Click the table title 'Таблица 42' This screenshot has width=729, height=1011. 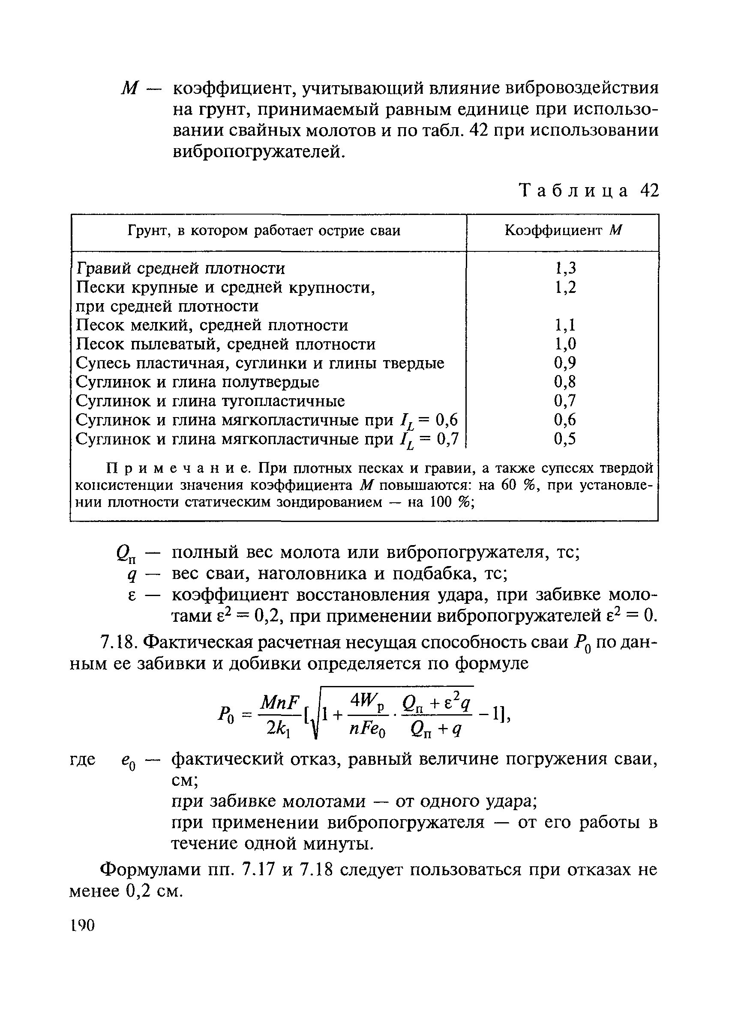coord(589,191)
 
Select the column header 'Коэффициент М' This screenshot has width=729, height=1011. coord(563,230)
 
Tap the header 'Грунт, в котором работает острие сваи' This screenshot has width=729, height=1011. coord(264,231)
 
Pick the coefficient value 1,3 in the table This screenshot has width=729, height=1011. coord(565,268)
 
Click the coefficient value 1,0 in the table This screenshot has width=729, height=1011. coord(565,344)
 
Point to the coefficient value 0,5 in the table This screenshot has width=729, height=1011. coord(565,439)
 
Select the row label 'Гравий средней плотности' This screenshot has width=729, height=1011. coord(181,268)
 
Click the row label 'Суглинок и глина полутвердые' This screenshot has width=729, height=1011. coord(198,382)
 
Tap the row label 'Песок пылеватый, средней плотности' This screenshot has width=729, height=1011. coord(226,344)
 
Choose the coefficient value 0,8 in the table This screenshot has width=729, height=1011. coord(565,382)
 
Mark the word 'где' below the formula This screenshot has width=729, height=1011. coord(84,759)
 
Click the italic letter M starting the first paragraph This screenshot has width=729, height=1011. coord(129,89)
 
